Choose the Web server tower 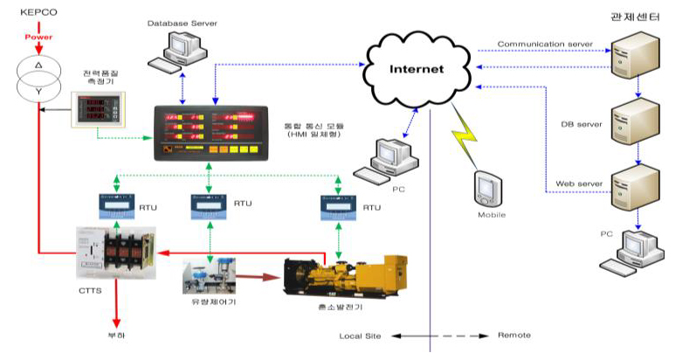click(631, 187)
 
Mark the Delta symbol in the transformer click(37, 66)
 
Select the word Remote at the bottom click(513, 336)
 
